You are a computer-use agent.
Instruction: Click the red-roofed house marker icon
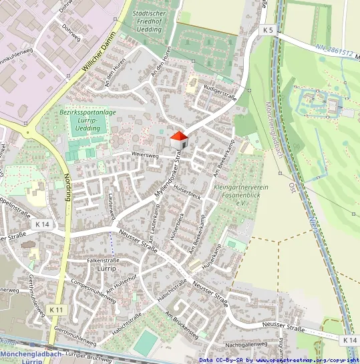point(178,141)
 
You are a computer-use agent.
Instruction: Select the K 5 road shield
point(268,30)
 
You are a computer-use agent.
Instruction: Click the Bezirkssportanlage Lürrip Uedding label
point(83,120)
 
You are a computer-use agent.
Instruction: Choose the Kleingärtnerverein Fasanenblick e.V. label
point(241,194)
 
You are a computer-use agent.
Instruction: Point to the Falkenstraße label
point(102,260)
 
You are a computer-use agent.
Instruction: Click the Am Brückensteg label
point(179,323)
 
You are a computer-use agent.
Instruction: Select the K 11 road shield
point(57,310)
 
